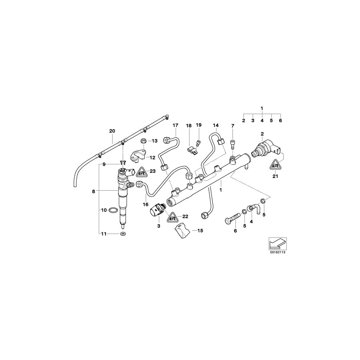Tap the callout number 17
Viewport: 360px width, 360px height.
pyautogui.click(x=175, y=125)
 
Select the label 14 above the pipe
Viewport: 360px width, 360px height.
pyautogui.click(x=216, y=125)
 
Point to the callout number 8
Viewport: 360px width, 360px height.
pyautogui.click(x=93, y=192)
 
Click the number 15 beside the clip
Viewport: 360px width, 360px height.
pyautogui.click(x=200, y=231)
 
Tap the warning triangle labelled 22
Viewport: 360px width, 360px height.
pyautogui.click(x=172, y=218)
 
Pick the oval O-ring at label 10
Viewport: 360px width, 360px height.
pyautogui.click(x=114, y=210)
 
